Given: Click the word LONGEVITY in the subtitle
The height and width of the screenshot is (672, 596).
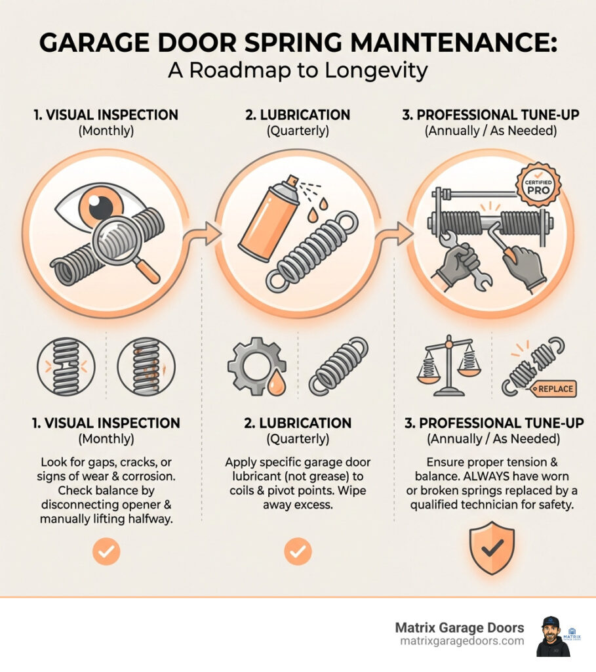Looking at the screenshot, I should (376, 71).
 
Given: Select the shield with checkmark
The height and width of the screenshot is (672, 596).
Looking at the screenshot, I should (492, 548).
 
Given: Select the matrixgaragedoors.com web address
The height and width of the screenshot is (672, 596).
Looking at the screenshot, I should (462, 641).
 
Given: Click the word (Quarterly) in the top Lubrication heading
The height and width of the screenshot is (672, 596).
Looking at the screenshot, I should (298, 131).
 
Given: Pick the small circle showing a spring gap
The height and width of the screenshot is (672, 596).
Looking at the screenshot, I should (66, 367).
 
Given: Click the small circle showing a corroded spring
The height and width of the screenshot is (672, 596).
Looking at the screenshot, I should (146, 367).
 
